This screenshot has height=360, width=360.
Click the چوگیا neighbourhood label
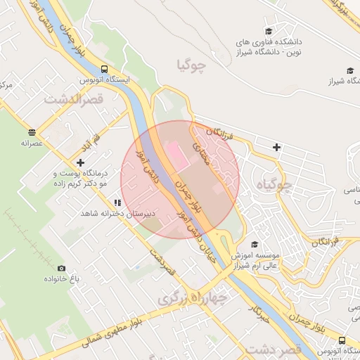pos(193,67)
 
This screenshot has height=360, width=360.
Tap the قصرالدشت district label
pos(74,98)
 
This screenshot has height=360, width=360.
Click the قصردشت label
pos(275,348)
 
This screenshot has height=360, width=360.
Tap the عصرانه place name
pos(33,143)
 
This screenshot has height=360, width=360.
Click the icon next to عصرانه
pos(32,132)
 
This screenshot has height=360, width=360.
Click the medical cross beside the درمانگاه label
pos(82,162)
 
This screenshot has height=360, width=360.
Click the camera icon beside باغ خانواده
pos(61,268)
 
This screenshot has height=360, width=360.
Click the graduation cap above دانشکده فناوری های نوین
pos(269,32)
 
